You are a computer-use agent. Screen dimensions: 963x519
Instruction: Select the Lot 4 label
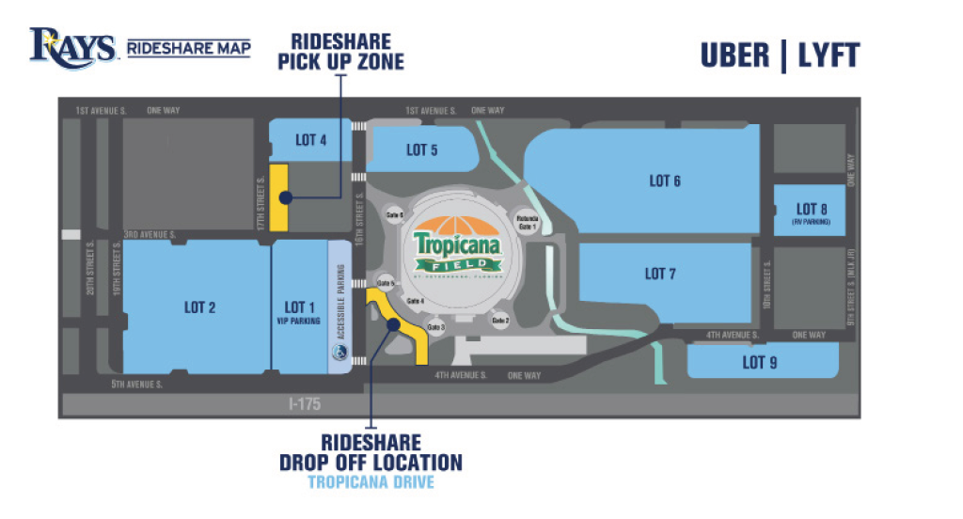[311, 140]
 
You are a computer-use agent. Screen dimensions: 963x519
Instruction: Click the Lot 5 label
[422, 149]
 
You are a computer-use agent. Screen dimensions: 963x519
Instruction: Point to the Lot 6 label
[665, 181]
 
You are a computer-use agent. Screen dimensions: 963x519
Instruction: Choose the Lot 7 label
[660, 274]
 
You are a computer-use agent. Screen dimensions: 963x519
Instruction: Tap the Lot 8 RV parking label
[810, 212]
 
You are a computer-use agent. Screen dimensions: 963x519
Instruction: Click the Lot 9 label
[760, 362]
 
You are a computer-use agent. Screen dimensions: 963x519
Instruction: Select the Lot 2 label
[200, 307]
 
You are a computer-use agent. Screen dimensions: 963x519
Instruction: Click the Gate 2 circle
[500, 321]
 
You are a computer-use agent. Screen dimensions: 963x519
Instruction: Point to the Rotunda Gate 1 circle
[525, 222]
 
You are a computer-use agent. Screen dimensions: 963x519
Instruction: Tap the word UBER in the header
[734, 55]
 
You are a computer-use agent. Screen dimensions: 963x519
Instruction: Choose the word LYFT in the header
[828, 55]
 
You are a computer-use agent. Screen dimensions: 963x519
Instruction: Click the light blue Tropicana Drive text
[371, 483]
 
